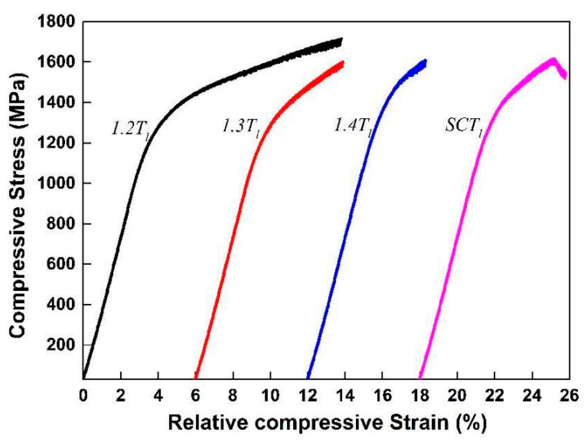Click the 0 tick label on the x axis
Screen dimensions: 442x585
pos(83,396)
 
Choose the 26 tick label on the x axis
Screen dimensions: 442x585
pos(569,396)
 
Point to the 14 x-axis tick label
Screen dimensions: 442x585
pos(345,396)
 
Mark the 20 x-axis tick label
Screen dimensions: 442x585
pos(457,396)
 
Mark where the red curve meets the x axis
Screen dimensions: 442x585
pos(195,378)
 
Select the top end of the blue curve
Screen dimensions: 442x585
pos(425,61)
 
